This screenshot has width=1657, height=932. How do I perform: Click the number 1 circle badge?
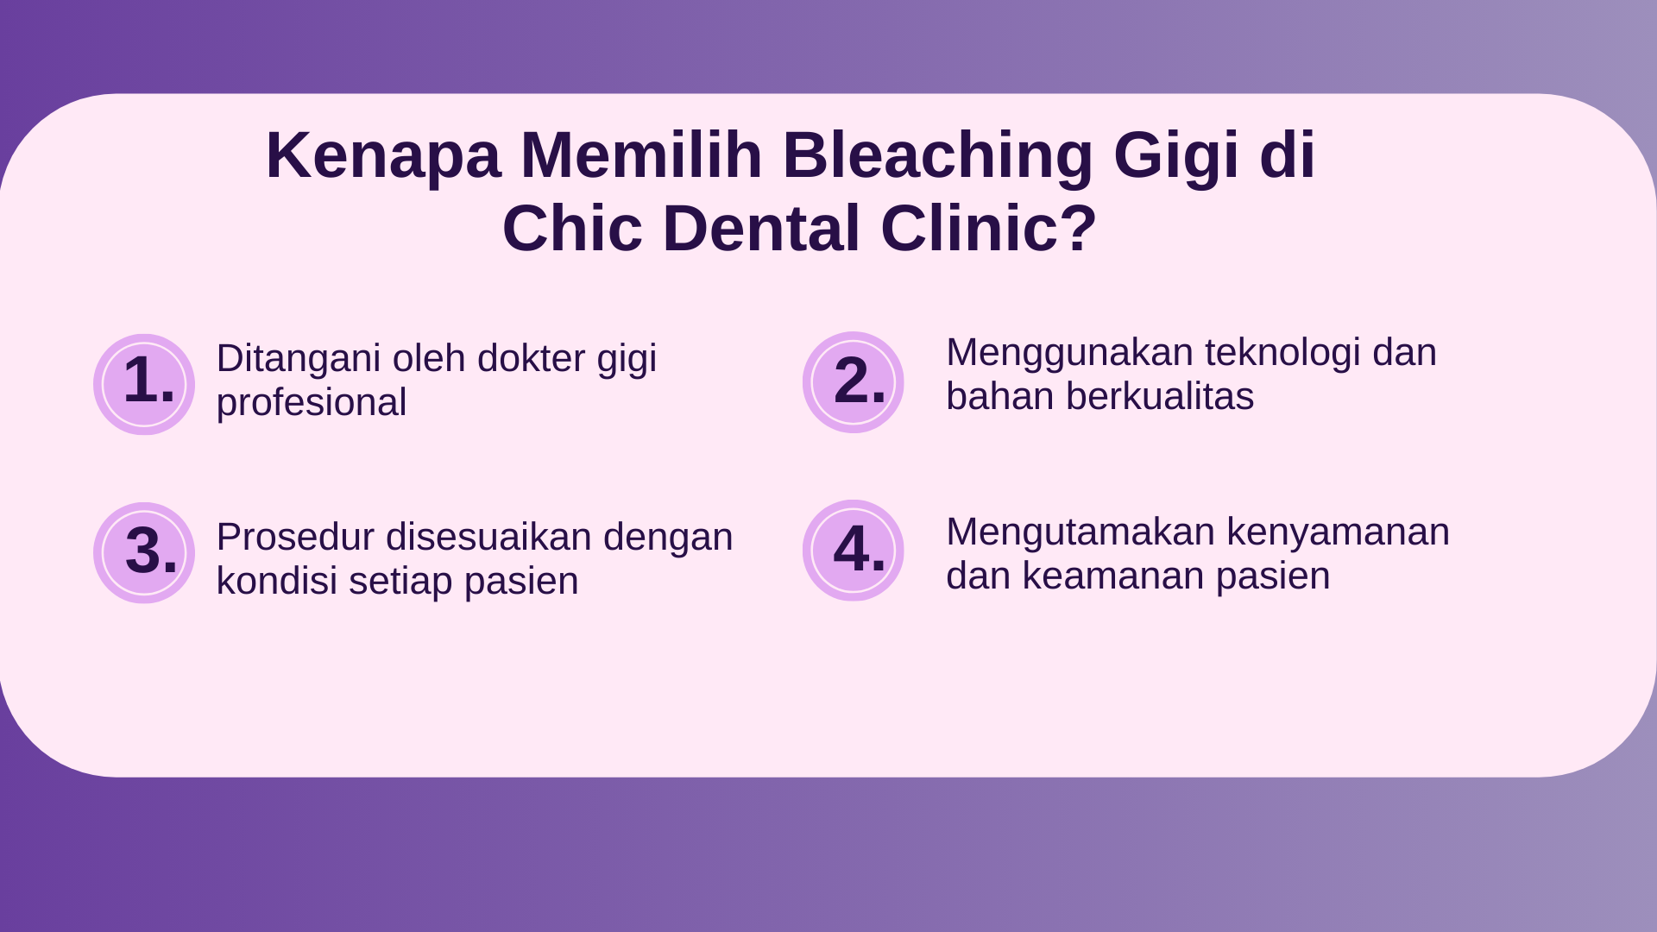click(144, 384)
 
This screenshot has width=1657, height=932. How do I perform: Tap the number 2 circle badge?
click(854, 382)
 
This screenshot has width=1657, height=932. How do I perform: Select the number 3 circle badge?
click(144, 552)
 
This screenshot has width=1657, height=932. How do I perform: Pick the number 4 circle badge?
click(854, 551)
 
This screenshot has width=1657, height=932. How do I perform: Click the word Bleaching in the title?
click(938, 155)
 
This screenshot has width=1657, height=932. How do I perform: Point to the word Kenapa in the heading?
click(383, 156)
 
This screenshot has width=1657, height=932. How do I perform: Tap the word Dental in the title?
click(761, 229)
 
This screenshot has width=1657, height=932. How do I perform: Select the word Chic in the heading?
click(572, 229)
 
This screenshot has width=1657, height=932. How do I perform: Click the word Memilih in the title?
click(642, 155)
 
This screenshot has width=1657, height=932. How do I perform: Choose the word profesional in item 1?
click(311, 403)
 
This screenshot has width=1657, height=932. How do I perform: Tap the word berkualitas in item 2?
click(1159, 397)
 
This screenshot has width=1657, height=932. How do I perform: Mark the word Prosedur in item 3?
click(295, 537)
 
